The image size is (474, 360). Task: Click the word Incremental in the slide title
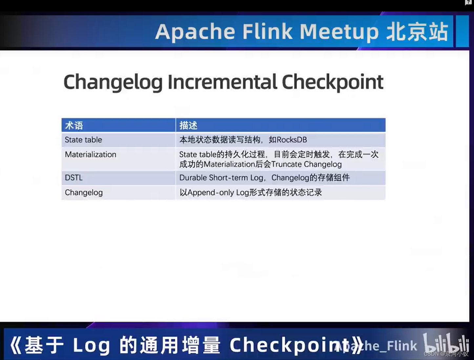tap(222, 82)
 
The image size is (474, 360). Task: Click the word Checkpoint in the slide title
tap(333, 82)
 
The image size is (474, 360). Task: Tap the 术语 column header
tap(74, 125)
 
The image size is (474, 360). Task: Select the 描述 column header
tap(188, 125)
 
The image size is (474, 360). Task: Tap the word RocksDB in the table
tap(292, 140)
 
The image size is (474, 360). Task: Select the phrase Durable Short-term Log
tap(221, 178)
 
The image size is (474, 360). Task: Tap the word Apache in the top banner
tap(195, 32)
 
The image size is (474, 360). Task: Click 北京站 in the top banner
tap(417, 32)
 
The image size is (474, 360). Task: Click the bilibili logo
tap(446, 344)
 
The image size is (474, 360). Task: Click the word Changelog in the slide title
tap(113, 82)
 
